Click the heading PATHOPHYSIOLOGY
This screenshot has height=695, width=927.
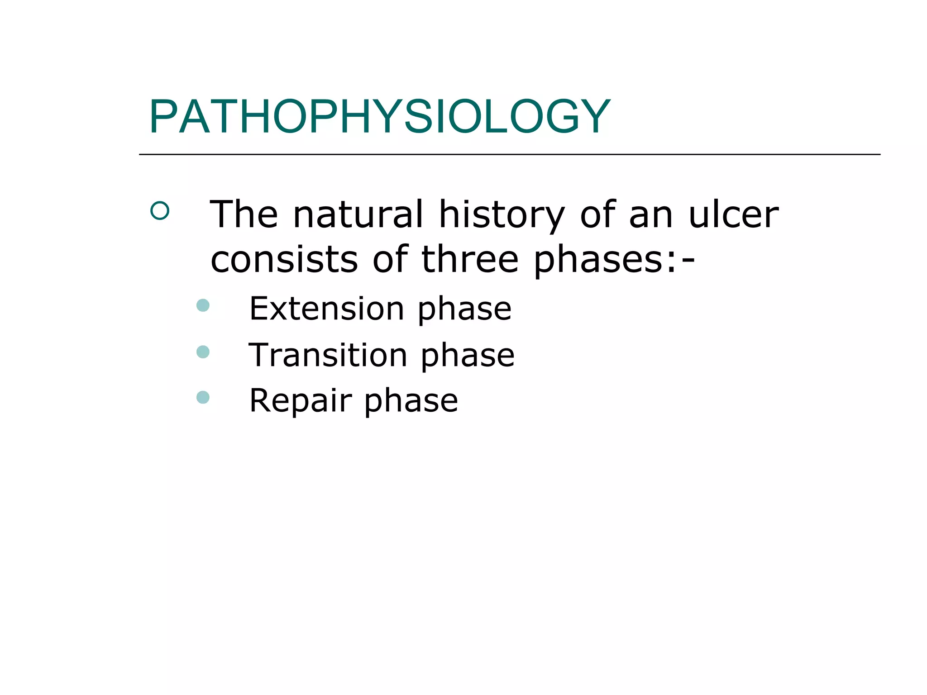[379, 117]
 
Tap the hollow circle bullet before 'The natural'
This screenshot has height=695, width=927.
[160, 211]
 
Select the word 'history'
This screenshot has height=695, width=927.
[502, 215]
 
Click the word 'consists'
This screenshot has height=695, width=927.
[284, 260]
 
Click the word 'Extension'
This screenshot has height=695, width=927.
[326, 309]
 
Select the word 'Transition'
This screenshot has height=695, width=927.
[328, 355]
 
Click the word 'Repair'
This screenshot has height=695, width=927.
[301, 401]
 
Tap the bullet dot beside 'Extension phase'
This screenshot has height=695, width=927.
[203, 305]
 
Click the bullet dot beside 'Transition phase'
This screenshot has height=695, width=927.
[203, 352]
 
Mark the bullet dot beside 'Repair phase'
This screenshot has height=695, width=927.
[203, 397]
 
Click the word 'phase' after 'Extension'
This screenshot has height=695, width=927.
[464, 310]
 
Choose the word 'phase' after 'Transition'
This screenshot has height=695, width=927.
[468, 357]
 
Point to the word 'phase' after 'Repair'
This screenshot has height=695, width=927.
[411, 402]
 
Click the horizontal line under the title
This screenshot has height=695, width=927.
[509, 154]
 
